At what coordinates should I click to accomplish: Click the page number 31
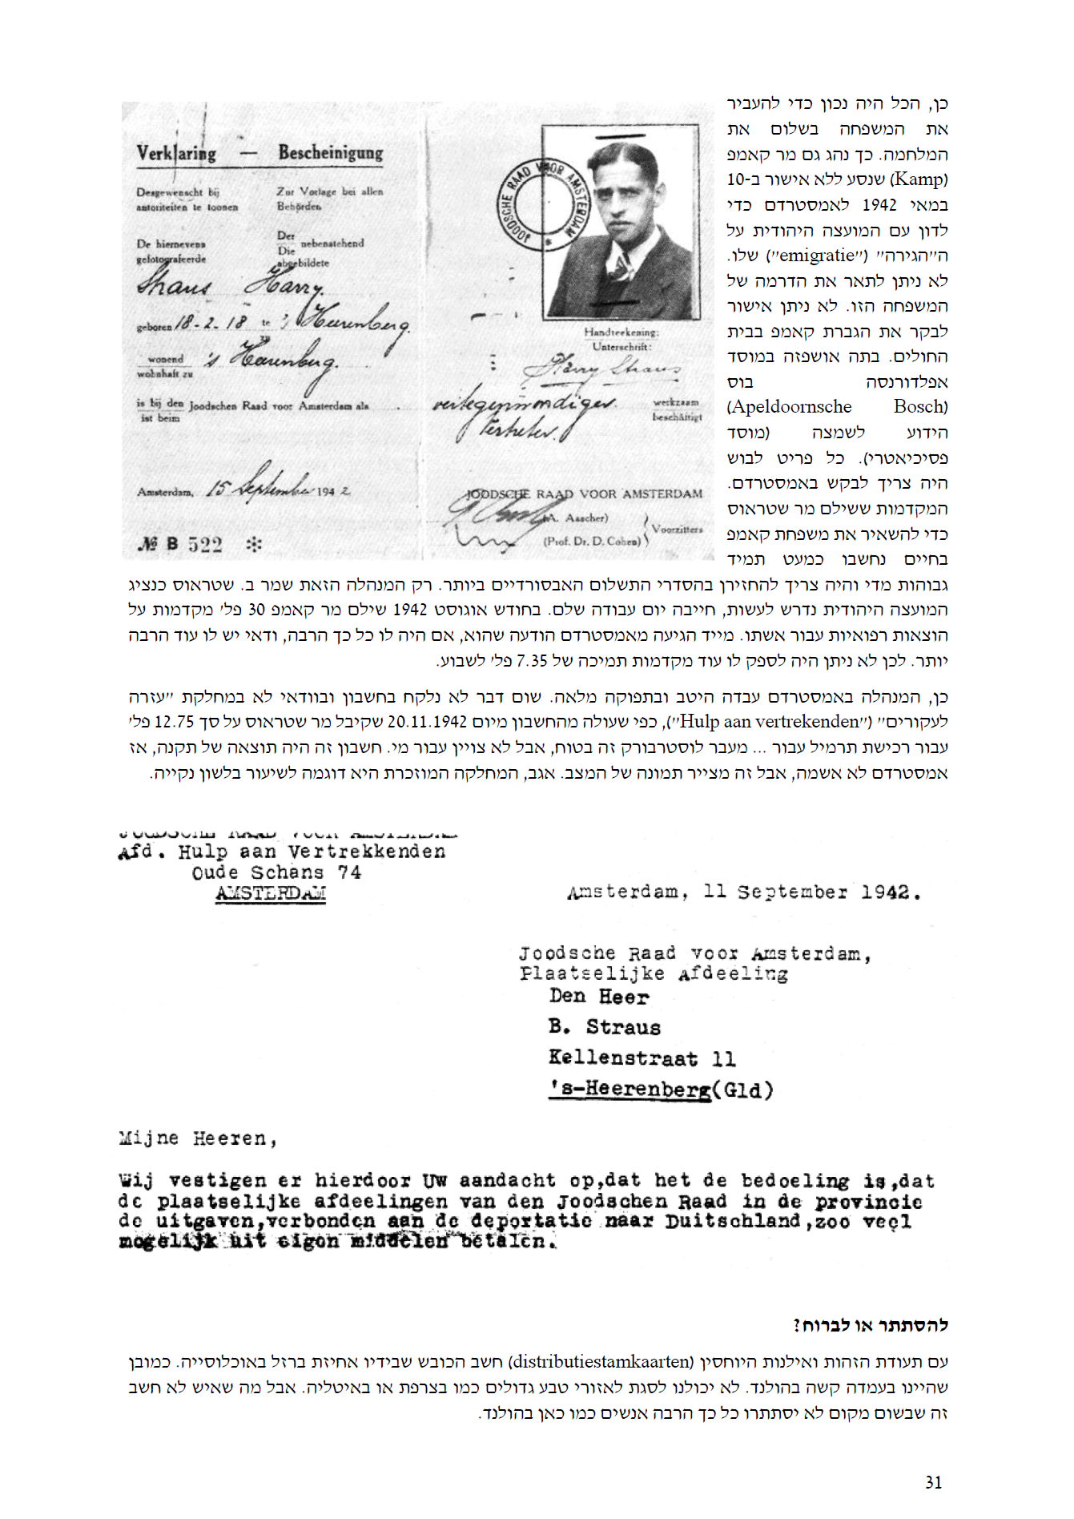coord(933,1482)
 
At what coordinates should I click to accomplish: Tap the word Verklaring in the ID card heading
coord(176,152)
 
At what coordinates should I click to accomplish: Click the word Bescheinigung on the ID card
coord(330,152)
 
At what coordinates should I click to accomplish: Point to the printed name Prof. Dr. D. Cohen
coord(592,541)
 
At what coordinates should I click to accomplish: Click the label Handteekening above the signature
coord(621,332)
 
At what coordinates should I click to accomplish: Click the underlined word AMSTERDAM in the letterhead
coord(271,893)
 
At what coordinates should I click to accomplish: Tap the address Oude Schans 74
coord(276,872)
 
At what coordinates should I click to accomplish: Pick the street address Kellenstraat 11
coord(642,1058)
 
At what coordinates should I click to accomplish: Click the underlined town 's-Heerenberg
coord(630,1090)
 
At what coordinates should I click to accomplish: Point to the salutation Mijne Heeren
coord(198,1138)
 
